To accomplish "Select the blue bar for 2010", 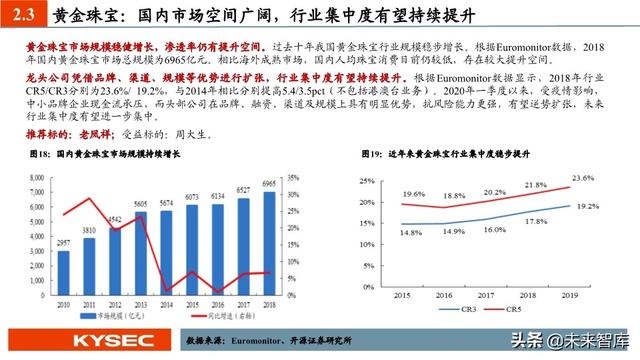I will [x=64, y=270].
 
